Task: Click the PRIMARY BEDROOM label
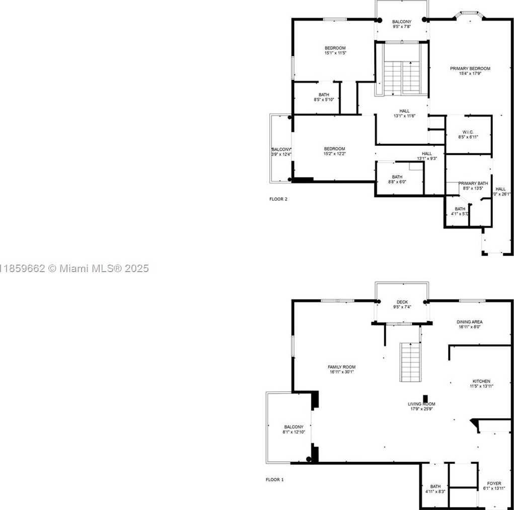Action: pos(470,68)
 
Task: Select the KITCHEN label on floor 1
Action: pos(481,381)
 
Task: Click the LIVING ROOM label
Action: pos(421,404)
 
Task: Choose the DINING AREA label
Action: pos(469,322)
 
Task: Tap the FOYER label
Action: pos(494,483)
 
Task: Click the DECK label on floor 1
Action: pos(402,302)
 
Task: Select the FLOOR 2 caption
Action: pos(278,199)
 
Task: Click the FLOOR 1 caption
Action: pos(274,480)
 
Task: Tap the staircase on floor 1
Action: pos(410,362)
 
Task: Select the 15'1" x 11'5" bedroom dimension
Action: pos(335,53)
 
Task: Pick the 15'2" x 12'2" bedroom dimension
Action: pos(334,153)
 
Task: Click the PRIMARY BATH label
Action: pos(473,183)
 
